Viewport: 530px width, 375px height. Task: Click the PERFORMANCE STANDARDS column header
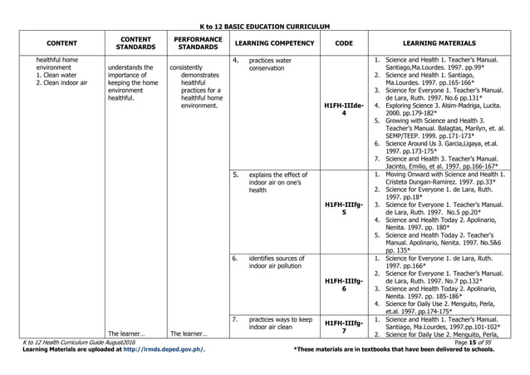pyautogui.click(x=197, y=43)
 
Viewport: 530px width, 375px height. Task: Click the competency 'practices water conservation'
pyautogui.click(x=270, y=65)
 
